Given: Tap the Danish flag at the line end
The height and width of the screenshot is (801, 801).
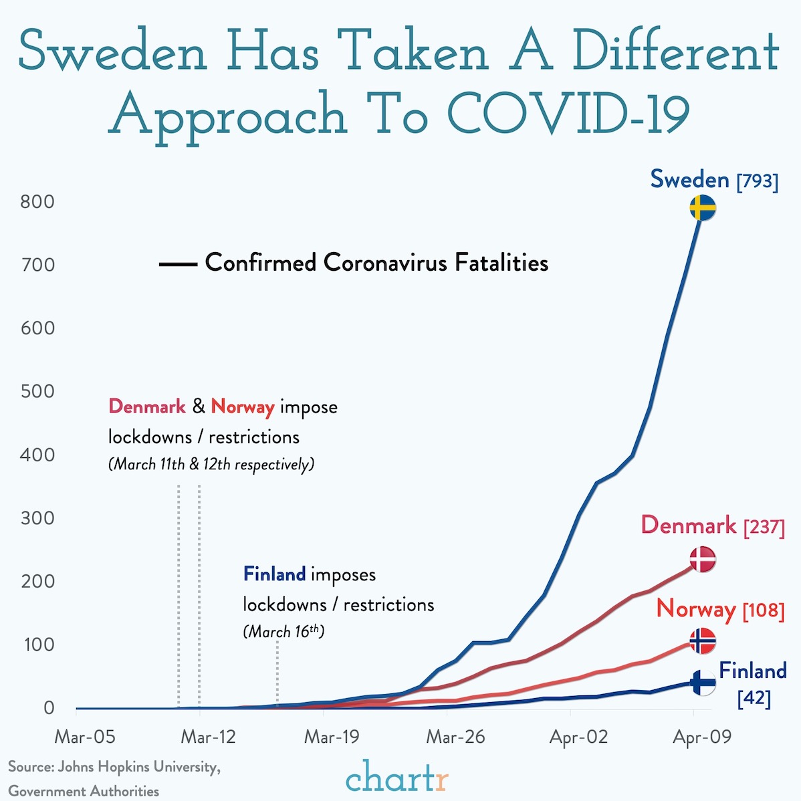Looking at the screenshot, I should (703, 559).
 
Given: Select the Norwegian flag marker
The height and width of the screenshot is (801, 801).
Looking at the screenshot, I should (702, 641).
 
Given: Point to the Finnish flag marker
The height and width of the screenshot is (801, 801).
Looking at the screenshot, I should (703, 683).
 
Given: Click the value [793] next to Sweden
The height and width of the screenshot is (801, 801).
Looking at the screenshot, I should (758, 181).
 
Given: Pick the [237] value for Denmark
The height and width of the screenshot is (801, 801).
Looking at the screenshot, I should (764, 527).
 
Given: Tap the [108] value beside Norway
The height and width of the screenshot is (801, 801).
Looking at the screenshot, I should (764, 610).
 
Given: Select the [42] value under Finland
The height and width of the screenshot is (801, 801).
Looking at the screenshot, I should (754, 699).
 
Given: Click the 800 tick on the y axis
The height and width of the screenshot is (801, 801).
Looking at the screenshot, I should (37, 201).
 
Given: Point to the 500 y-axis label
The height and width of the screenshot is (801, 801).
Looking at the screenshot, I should (37, 391).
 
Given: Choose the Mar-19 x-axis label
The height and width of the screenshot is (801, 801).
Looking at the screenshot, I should (332, 737).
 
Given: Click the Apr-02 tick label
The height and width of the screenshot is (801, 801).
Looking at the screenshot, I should (578, 737).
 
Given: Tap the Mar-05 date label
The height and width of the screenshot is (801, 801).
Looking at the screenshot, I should (85, 737).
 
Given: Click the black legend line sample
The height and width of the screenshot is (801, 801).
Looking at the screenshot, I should (178, 265).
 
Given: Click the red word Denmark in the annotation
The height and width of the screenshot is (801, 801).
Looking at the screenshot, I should (147, 407).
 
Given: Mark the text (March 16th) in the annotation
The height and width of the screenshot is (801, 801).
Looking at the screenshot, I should (283, 631).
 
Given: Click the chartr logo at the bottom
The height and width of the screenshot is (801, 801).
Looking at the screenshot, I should (397, 778).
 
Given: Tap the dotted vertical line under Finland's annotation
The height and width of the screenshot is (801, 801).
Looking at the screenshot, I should (277, 672).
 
